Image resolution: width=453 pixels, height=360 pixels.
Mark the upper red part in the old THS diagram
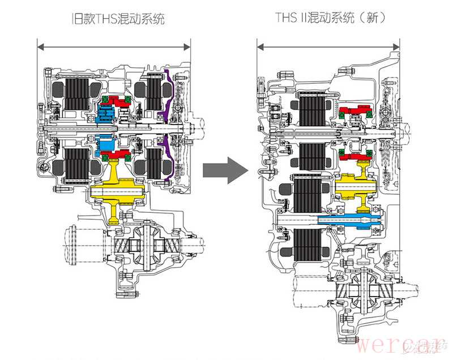(119, 102)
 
